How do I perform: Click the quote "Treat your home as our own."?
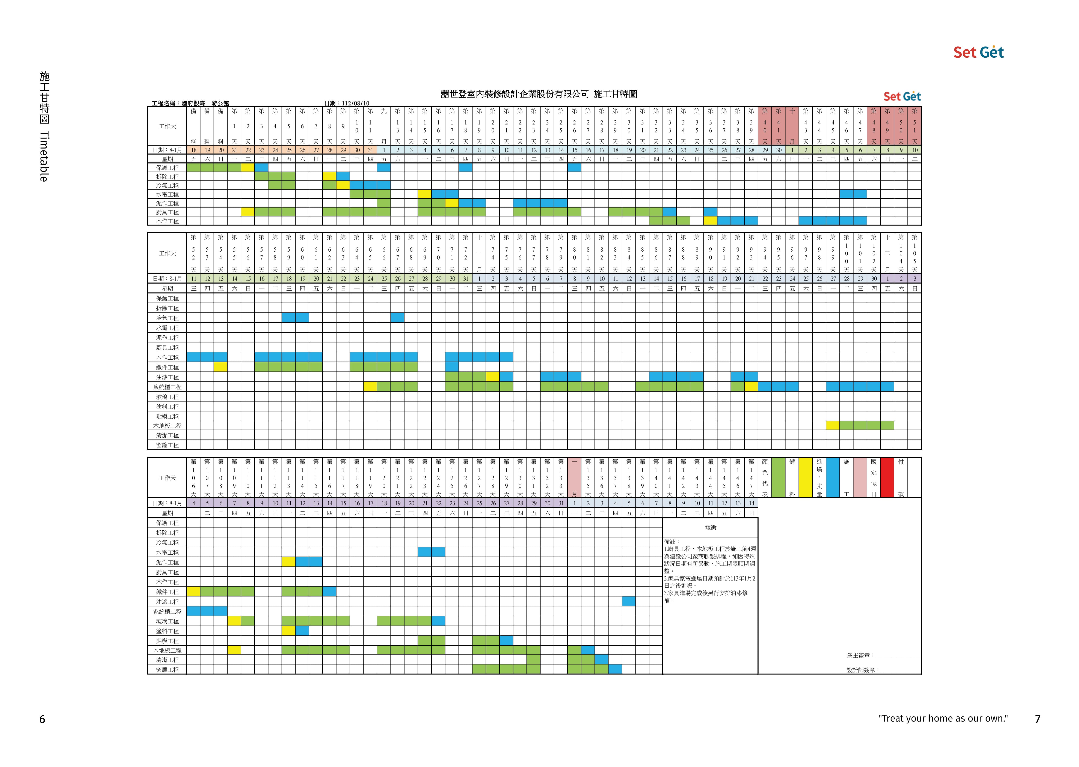coord(943,718)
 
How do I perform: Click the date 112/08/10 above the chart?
coord(355,104)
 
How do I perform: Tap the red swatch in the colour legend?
coord(887,477)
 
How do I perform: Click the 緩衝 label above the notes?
coord(710,527)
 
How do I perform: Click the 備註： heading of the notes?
coord(672,542)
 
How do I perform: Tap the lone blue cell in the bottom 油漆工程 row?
coord(629,601)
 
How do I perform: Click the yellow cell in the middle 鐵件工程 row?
coord(220,367)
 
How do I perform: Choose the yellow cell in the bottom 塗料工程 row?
coord(288,630)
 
